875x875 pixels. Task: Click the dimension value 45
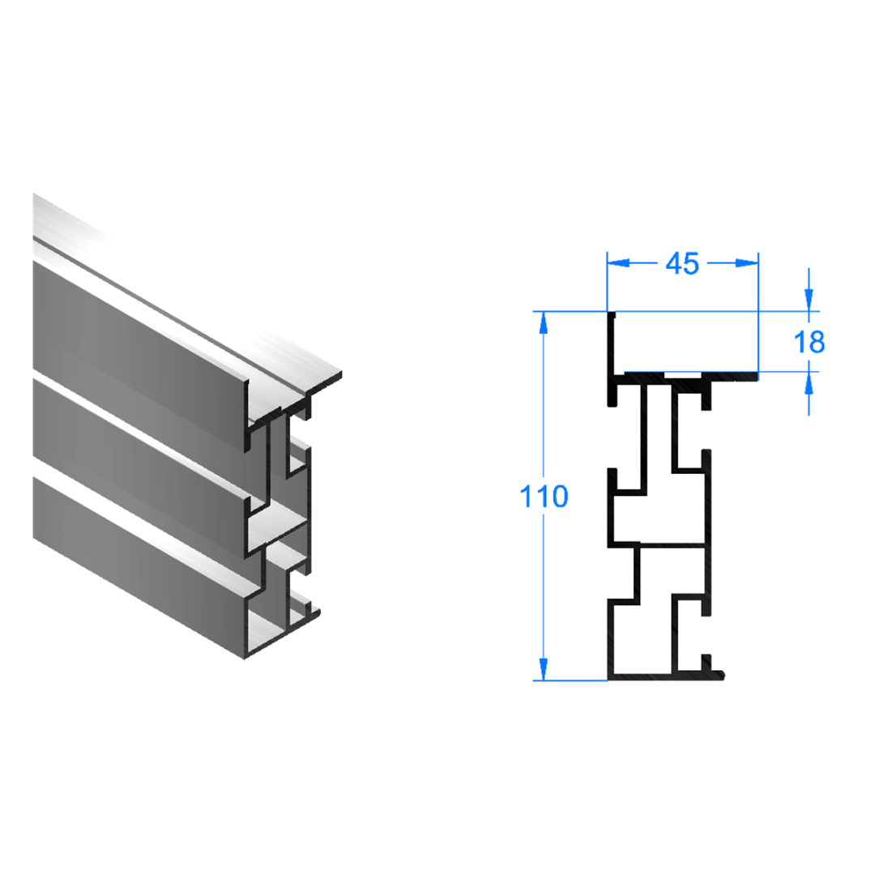(682, 263)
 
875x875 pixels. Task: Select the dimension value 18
(809, 342)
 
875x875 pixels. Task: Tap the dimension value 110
(544, 496)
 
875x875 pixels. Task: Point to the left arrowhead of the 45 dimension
(618, 262)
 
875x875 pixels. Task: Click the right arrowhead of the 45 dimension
(747, 262)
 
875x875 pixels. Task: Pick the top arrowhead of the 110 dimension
(543, 322)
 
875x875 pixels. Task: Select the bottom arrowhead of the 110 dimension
(543, 669)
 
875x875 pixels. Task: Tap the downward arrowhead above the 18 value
(809, 301)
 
